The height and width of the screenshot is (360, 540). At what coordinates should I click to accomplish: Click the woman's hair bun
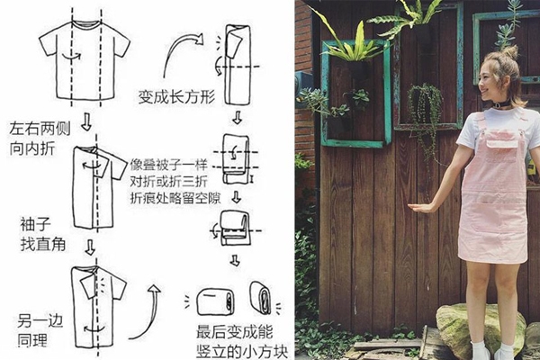(509, 53)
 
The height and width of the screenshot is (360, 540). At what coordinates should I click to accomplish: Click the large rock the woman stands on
(478, 328)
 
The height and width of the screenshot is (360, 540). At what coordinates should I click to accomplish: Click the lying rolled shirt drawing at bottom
(215, 301)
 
